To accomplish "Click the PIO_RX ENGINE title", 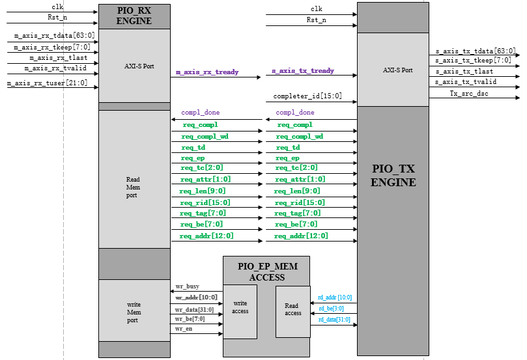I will point(134,16).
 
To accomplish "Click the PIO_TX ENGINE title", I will point(393,176).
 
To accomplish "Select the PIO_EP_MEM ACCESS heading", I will point(266,272).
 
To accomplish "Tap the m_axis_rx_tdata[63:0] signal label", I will point(54,36).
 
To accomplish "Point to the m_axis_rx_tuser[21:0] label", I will point(47,83).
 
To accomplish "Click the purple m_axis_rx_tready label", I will point(207,72).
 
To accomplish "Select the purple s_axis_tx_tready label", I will point(303,70).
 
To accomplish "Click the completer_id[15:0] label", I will point(307,96).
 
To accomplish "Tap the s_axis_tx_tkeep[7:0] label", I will point(473,60).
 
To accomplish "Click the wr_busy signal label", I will point(188,286).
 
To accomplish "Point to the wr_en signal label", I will point(184,329).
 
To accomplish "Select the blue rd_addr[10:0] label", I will point(335,297).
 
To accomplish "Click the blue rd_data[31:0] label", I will point(334,320).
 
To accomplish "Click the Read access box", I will point(292,310).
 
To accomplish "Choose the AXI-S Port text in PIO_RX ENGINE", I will point(139,66).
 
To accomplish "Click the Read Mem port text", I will point(133,187).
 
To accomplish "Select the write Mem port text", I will point(133,312).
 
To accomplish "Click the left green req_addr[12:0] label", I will point(207,236).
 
